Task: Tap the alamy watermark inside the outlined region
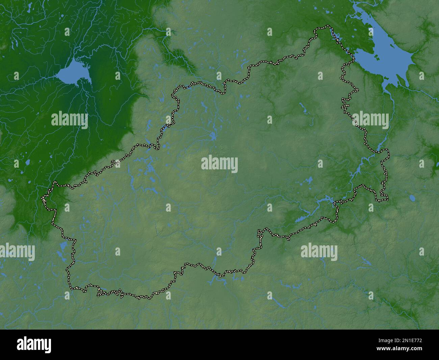tap(219, 165)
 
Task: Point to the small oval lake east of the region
tap(412, 197)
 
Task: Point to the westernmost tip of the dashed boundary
tap(42, 198)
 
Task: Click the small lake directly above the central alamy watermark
tap(213, 137)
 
